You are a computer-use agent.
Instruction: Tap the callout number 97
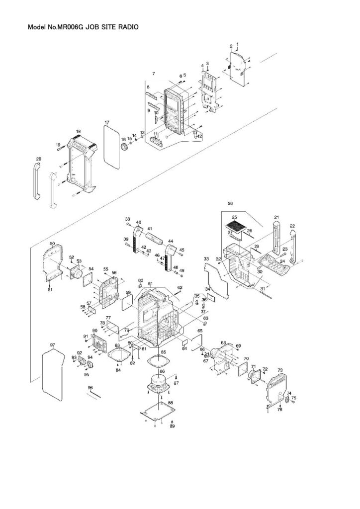(x=52, y=344)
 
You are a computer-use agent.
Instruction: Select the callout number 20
(x=38, y=159)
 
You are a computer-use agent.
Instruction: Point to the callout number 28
(x=230, y=203)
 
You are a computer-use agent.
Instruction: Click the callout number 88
(x=170, y=403)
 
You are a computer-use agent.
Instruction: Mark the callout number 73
(x=280, y=370)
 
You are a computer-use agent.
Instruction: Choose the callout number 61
(x=150, y=283)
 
